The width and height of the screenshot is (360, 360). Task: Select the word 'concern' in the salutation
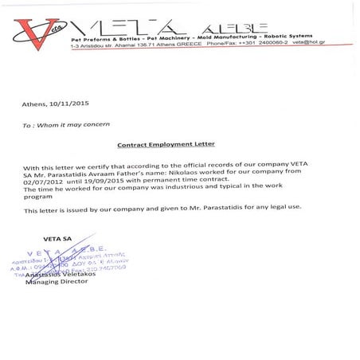pos(105,124)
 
